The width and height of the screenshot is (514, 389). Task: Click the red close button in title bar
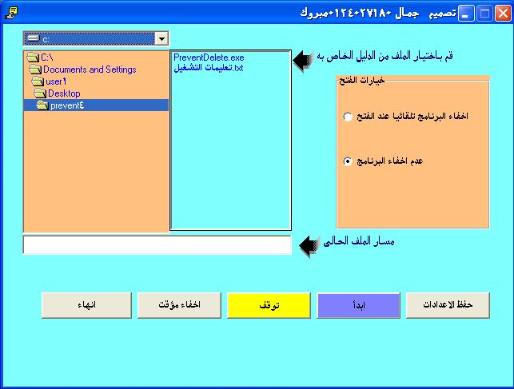(503, 14)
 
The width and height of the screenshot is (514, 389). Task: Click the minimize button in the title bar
(466, 14)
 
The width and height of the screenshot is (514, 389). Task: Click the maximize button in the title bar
(484, 14)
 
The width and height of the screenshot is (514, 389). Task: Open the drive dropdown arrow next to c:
(161, 38)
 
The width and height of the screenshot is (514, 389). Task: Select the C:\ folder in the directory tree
(40, 58)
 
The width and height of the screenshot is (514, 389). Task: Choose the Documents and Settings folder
(82, 69)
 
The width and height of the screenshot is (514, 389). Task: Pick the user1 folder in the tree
(49, 81)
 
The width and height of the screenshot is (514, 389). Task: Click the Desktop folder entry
(57, 93)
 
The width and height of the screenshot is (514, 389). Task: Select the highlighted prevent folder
(60, 105)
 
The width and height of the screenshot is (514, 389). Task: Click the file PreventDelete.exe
(209, 58)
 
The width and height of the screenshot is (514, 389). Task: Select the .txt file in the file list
(209, 68)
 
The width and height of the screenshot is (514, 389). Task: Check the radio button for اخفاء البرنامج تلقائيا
(348, 117)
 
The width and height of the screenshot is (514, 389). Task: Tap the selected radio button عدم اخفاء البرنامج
(348, 161)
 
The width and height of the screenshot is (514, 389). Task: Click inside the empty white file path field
(157, 244)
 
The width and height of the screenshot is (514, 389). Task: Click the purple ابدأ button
(358, 305)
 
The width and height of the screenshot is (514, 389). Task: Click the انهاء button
(86, 305)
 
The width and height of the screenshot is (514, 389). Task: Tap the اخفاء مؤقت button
(179, 305)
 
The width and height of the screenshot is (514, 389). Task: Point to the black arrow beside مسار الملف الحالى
(309, 245)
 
